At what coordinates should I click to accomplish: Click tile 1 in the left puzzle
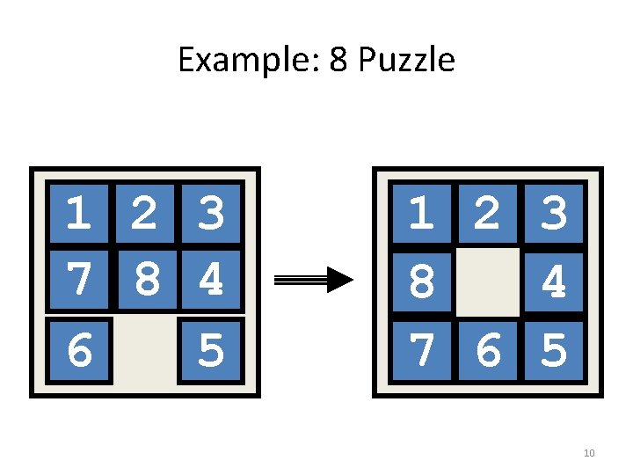79,214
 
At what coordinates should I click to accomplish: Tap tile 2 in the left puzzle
145,214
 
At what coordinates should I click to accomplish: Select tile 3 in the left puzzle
211,214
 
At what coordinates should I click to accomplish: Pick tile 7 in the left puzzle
79,280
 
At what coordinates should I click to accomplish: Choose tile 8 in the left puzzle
148,280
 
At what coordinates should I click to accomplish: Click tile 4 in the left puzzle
211,280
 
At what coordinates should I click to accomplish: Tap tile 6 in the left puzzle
79,351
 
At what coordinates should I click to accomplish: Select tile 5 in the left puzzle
211,351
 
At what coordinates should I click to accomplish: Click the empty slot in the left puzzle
145,351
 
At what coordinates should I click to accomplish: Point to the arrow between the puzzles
314,280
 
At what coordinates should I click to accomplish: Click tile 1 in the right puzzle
422,214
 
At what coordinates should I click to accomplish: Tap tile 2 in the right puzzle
488,214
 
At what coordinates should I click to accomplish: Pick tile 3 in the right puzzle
554,214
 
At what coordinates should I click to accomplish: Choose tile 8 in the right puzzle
422,282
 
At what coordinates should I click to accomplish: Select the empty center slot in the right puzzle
488,282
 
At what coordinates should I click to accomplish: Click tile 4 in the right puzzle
554,282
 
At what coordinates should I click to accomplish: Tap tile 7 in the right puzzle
422,351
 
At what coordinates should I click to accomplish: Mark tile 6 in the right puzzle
488,351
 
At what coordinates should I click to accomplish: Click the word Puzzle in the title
407,60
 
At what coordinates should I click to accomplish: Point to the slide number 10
589,453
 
